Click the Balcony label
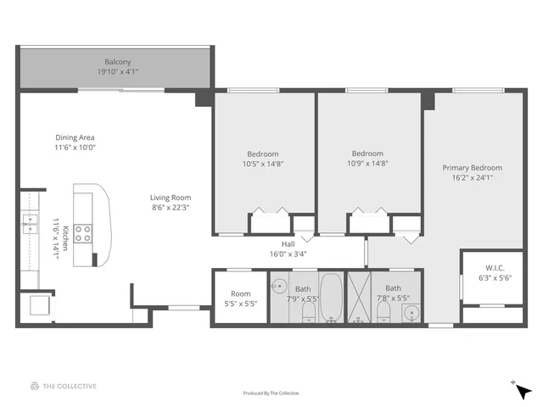click(117, 62)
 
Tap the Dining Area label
click(75, 137)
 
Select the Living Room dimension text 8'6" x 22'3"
click(171, 207)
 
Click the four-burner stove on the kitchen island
click(83, 233)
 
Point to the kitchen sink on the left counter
click(30, 224)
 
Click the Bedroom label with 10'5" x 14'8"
click(262, 153)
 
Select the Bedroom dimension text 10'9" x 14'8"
click(367, 164)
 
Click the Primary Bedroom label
click(473, 168)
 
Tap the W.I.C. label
click(495, 267)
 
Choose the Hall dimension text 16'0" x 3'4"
click(288, 253)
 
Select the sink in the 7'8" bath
click(410, 311)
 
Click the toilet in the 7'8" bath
click(384, 314)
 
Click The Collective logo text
click(70, 387)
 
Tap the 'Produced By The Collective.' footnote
click(271, 393)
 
